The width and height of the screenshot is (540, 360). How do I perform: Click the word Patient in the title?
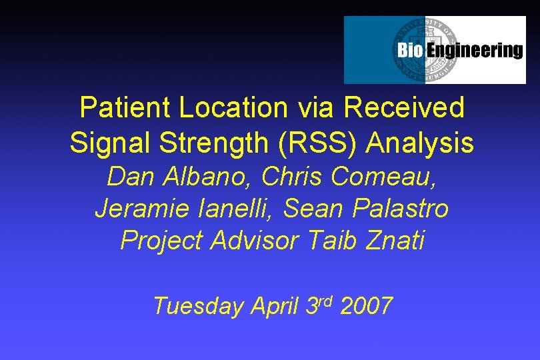click(117, 107)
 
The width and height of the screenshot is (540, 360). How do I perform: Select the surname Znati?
click(395, 241)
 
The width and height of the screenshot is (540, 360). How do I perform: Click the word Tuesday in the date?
click(197, 307)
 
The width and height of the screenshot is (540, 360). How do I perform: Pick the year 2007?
click(366, 306)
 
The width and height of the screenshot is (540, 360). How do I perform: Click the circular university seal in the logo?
click(425, 50)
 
